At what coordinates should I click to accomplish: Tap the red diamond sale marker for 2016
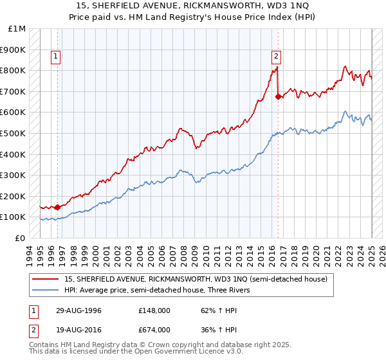(x=278, y=97)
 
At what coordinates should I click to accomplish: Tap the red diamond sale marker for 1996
(x=57, y=207)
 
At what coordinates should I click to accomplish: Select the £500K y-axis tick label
(x=14, y=134)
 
